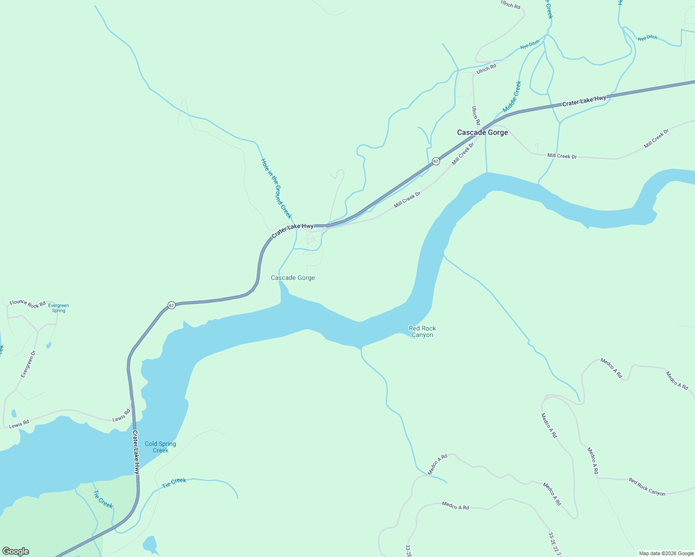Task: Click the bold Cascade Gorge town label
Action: [x=482, y=132]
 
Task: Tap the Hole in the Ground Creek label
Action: [x=276, y=188]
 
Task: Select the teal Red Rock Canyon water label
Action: [x=422, y=331]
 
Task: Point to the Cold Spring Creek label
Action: [x=160, y=447]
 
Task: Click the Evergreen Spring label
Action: [x=59, y=308]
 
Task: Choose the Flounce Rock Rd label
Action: [x=27, y=304]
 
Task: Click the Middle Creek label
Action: [x=512, y=97]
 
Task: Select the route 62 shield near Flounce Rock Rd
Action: [x=171, y=305]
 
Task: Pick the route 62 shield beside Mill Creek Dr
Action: [x=435, y=161]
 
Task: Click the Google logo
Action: [x=16, y=551]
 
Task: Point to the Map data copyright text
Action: [x=666, y=553]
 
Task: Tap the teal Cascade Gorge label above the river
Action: [x=293, y=278]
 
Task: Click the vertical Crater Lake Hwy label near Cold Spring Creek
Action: [x=136, y=452]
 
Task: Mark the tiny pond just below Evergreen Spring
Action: [x=49, y=345]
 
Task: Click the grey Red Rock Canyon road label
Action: [x=647, y=486]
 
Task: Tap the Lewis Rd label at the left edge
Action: [x=19, y=424]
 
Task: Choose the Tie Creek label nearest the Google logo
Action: [x=103, y=499]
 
